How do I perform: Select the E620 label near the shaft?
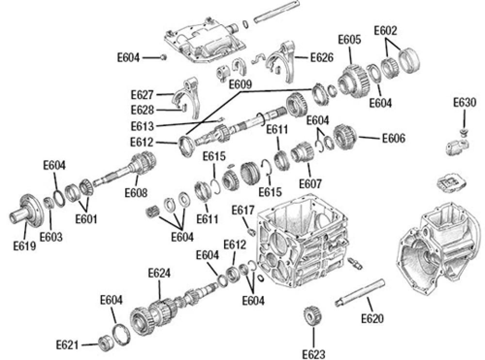tap(372, 319)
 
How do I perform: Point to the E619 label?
tap(25, 246)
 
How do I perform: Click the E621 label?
tap(67, 345)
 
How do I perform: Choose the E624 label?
tap(159, 273)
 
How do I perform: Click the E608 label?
tap(135, 193)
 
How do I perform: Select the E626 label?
tap(322, 58)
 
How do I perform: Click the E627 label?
tap(142, 94)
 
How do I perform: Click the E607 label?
tap(310, 184)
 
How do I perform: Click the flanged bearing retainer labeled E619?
tap(26, 211)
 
